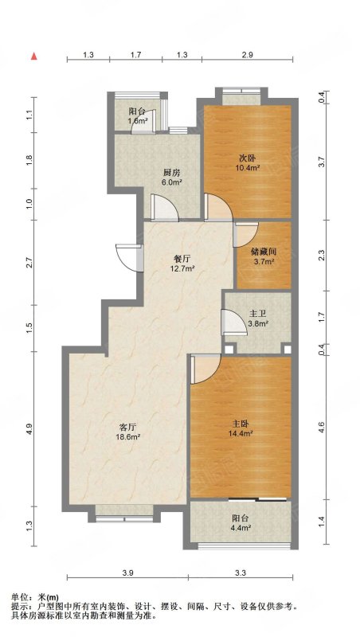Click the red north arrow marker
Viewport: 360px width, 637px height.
pos(34,57)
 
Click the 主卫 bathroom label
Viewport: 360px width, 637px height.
pos(257,314)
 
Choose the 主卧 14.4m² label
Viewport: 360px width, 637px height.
pos(241,428)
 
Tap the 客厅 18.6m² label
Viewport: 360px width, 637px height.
pos(127,432)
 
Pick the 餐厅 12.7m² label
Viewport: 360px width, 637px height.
pos(182,263)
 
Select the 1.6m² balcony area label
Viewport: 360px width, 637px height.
pos(137,121)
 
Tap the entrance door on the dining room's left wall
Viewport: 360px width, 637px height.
pos(129,257)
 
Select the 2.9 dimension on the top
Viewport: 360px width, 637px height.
pos(247,55)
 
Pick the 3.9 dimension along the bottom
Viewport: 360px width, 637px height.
pos(127,573)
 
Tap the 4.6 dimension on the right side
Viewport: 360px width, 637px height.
pos(322,428)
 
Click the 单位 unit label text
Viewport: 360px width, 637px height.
pos(19,598)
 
